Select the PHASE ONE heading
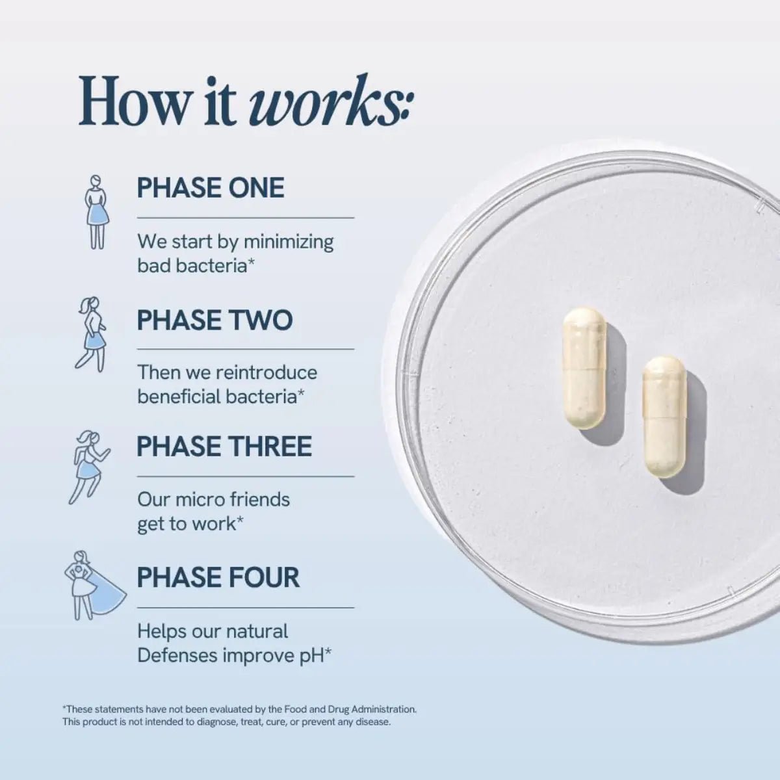pos(211,188)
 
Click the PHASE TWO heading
pos(214,320)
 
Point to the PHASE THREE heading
pos(224,447)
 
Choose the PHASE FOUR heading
pos(218,578)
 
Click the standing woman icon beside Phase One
pos(97,212)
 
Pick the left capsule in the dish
pos(584,368)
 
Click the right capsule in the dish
pos(664,417)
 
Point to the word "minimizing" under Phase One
pos(289,242)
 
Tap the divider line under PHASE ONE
pos(245,218)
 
